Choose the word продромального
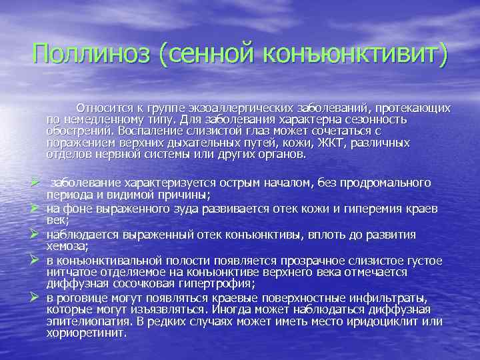point(383,183)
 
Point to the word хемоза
point(65,246)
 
